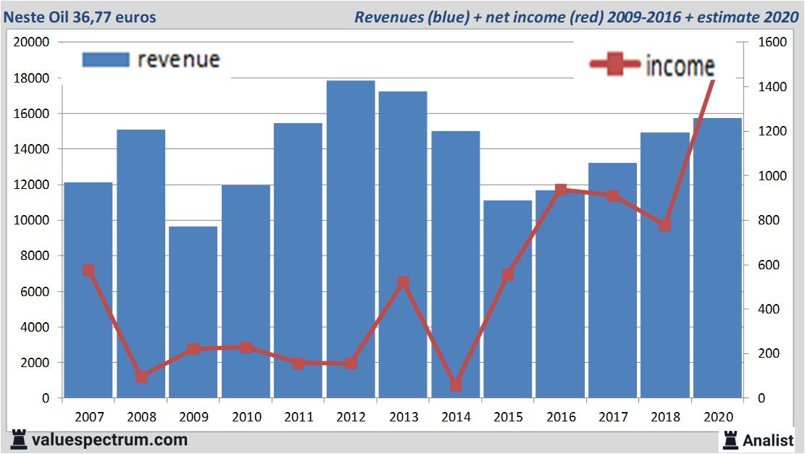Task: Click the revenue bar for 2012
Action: (351, 239)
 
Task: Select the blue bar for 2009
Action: (193, 311)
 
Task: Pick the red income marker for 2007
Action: (88, 270)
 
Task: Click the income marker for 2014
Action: (456, 385)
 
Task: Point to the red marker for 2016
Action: (561, 190)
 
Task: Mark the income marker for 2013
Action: (404, 282)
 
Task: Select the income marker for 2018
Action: (665, 225)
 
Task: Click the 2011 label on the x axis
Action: (299, 417)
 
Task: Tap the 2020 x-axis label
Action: (718, 417)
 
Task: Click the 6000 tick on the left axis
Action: (36, 292)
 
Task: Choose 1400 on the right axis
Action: (772, 87)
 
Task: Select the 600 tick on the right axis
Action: (769, 265)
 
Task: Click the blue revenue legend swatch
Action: (105, 59)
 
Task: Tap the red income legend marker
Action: (615, 65)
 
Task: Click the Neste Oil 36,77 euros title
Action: (80, 17)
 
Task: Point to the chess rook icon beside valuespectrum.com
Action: (19, 440)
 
